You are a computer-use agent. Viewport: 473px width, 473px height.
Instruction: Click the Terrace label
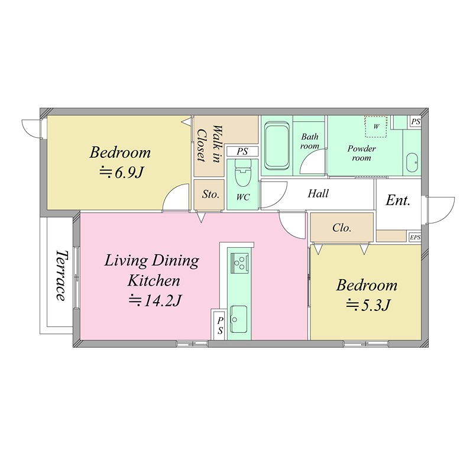[x=61, y=275]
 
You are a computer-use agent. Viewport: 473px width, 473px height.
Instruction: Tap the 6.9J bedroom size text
[x=121, y=173]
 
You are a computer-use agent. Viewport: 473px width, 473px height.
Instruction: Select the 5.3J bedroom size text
[x=367, y=305]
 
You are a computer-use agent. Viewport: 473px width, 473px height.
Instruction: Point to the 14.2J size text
[x=154, y=300]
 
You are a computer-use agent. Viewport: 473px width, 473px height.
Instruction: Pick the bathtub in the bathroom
[x=277, y=145]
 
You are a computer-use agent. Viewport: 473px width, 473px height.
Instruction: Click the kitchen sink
[x=239, y=319]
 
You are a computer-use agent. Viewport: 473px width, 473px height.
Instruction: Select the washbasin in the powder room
[x=412, y=163]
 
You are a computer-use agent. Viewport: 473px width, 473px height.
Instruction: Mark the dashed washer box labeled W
[x=376, y=127]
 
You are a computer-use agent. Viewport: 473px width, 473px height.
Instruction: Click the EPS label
[x=415, y=238]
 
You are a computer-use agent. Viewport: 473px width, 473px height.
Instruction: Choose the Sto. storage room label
[x=210, y=195]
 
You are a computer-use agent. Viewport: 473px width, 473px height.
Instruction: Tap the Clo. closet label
[x=342, y=228]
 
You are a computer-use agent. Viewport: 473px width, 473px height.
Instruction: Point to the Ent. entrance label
[x=398, y=200]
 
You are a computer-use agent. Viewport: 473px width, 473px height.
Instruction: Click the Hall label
[x=318, y=193]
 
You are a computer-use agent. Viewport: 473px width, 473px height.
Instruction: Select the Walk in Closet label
[x=209, y=144]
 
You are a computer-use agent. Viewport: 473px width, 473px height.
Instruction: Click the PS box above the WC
[x=242, y=151]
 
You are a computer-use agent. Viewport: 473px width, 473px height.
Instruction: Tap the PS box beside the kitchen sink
[x=219, y=326]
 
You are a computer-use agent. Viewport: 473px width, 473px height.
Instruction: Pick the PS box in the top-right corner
[x=416, y=122]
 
